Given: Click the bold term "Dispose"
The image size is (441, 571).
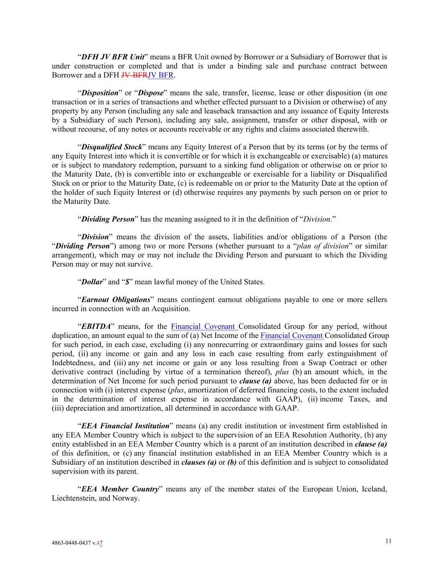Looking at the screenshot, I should [x=150, y=93].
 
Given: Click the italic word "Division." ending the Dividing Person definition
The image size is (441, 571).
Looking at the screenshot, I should [x=318, y=219].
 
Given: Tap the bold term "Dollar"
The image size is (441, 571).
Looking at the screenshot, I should [x=92, y=282].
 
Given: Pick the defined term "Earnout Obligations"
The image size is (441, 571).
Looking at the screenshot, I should [x=115, y=300].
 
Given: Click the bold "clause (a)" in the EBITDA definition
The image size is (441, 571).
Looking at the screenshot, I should [x=255, y=381].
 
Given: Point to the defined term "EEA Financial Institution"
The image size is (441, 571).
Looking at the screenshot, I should [x=125, y=426].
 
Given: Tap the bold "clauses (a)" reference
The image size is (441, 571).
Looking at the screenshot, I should [x=199, y=462].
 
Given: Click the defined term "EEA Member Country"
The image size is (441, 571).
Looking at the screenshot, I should [x=120, y=489].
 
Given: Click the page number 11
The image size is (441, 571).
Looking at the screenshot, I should [x=388, y=541].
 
